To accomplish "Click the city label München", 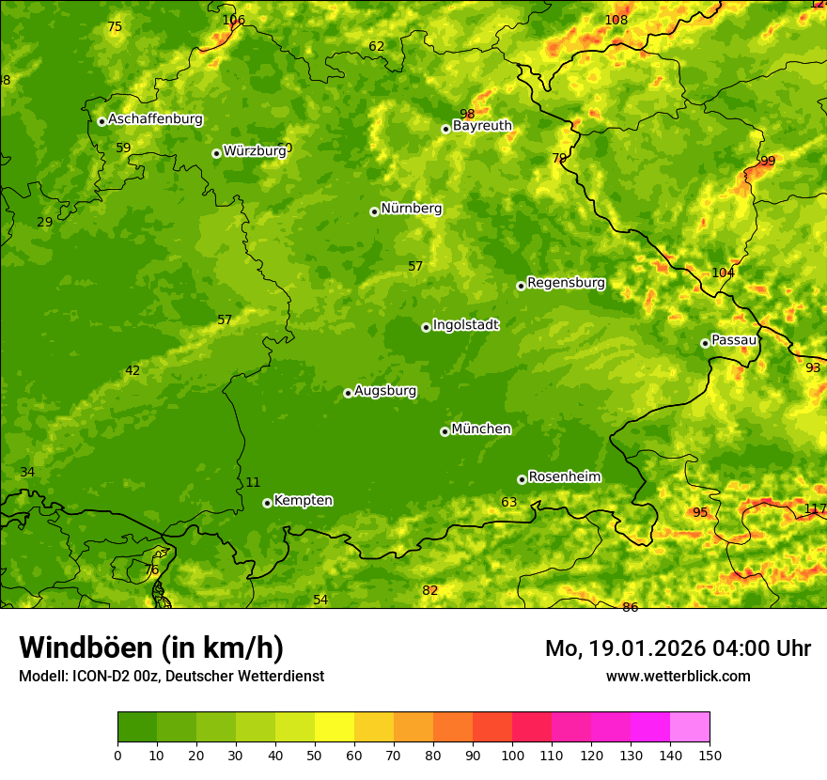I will pos(481,429).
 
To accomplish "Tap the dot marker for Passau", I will pos(705,343).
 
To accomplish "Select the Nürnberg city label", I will pos(411,209).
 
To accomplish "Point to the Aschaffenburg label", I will pos(155,119).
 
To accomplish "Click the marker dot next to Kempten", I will pos(267,503).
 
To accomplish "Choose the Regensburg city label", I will pos(566,283).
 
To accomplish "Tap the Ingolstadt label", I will pos(465,325).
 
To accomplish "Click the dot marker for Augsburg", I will pos(348,393).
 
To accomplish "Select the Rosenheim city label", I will pos(564,477).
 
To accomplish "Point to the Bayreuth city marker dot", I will pos(445,129).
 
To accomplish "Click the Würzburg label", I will pos(254,151).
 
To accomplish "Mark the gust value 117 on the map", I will pos(815,509).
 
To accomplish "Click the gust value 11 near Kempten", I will pos(253,483).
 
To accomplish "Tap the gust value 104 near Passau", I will pos(723,273).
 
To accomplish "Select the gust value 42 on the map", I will pos(133,371).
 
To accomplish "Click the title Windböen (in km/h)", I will pos(150,647).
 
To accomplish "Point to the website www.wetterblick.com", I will pos(678,676).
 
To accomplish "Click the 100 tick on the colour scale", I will pos(512,756).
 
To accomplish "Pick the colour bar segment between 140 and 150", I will pos(690,726).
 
